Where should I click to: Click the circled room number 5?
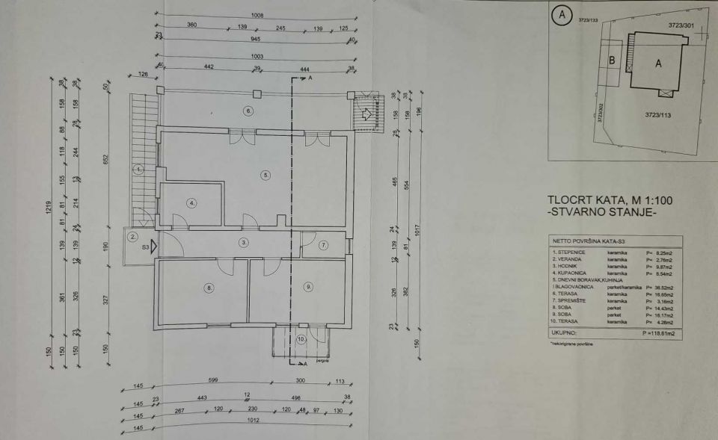[x=265, y=175]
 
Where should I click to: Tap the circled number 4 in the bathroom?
[x=192, y=202]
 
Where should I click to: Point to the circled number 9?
[x=307, y=286]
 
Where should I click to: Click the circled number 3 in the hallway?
[x=244, y=242]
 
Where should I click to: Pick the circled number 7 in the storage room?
[x=323, y=245]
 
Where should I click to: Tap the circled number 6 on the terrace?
[x=249, y=111]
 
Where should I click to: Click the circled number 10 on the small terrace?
[x=301, y=339]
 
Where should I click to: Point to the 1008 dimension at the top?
[x=257, y=13]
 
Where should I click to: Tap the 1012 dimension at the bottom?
[x=254, y=421]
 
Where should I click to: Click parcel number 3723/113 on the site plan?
[x=659, y=115]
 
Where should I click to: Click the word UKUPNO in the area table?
[x=563, y=333]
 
